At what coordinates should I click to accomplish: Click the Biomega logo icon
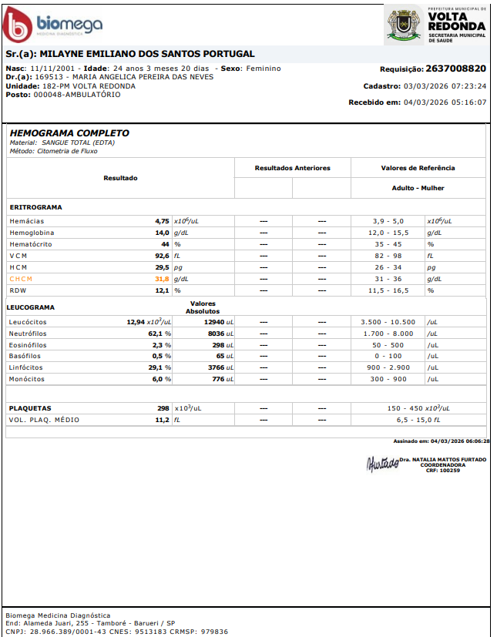pyautogui.click(x=18, y=25)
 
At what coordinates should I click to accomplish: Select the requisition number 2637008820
pyautogui.click(x=456, y=69)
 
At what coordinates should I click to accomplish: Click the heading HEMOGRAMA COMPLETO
pyautogui.click(x=69, y=133)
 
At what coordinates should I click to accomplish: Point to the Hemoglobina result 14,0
pyautogui.click(x=162, y=233)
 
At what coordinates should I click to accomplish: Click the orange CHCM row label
pyautogui.click(x=22, y=279)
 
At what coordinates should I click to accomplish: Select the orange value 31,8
pyautogui.click(x=162, y=279)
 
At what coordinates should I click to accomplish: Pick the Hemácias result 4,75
pyautogui.click(x=162, y=221)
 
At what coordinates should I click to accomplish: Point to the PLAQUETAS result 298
pyautogui.click(x=163, y=408)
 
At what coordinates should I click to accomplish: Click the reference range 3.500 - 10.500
pyautogui.click(x=388, y=322)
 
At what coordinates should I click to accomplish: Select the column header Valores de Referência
pyautogui.click(x=418, y=168)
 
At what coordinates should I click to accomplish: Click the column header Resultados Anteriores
pyautogui.click(x=292, y=168)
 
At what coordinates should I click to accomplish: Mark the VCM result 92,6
pyautogui.click(x=162, y=256)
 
